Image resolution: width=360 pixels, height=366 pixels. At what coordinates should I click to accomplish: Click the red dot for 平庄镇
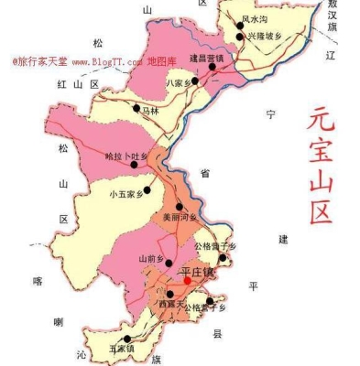[x=187, y=280]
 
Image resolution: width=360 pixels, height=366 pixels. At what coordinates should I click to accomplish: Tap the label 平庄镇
[x=197, y=272]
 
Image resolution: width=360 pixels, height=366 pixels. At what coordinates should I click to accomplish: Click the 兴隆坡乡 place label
[x=265, y=36]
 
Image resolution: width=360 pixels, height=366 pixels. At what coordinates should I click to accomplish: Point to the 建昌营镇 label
[x=205, y=58]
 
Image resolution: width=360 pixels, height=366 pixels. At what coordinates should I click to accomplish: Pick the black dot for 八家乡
[x=194, y=80]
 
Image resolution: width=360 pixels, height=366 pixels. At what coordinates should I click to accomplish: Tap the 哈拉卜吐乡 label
[x=125, y=156]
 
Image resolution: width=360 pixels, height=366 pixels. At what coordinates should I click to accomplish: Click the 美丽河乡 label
[x=180, y=218]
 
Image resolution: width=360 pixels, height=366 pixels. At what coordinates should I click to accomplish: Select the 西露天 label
[x=171, y=303]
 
